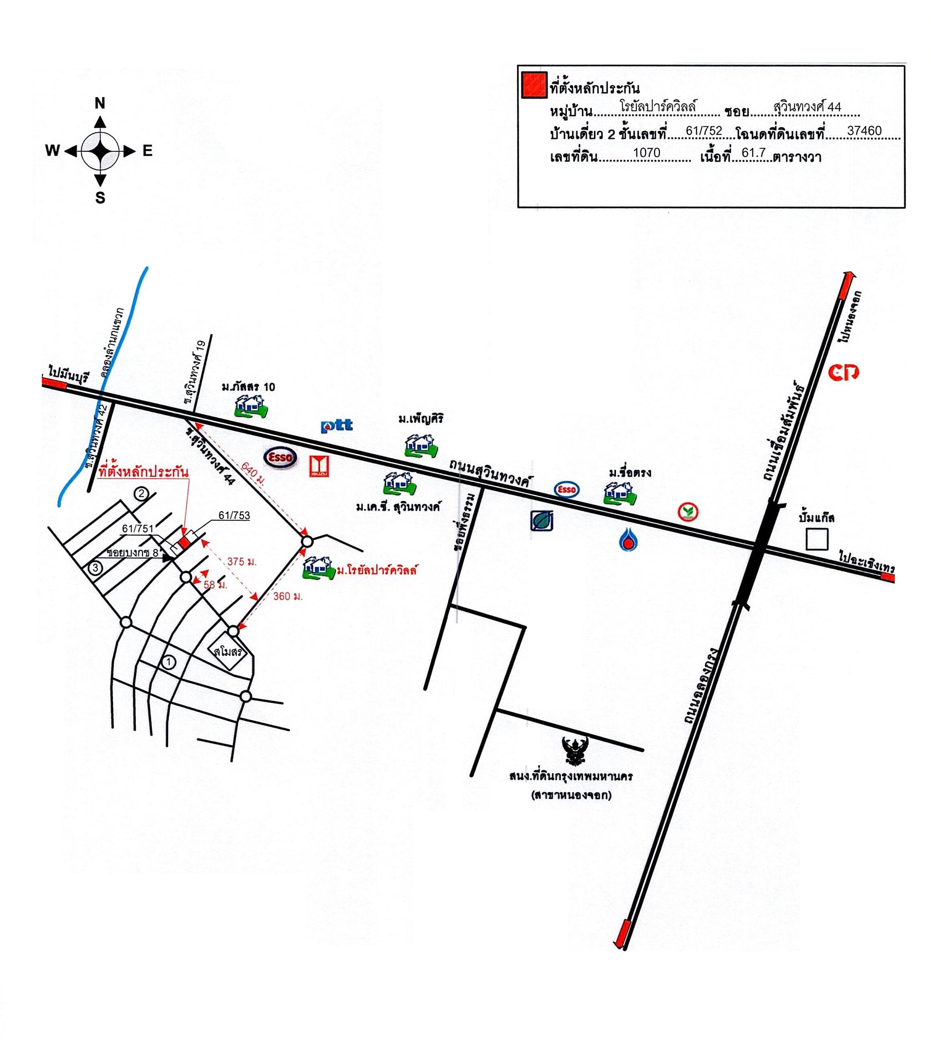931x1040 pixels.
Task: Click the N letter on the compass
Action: pos(100,104)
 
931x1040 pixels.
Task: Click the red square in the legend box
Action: pos(534,85)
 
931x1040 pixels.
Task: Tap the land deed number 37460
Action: pos(864,131)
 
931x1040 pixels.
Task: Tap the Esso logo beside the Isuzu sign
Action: pos(280,457)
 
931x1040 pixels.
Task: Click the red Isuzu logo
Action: pos(320,466)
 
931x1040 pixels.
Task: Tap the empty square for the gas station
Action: pos(816,540)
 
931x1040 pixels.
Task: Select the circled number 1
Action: pos(168,663)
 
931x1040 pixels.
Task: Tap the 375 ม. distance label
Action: pos(242,562)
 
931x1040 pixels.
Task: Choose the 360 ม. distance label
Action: pos(287,596)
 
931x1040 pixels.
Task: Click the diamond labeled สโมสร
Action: pos(228,653)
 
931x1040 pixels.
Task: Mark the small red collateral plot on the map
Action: pos(185,543)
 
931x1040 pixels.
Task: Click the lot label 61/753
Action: pos(234,515)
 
